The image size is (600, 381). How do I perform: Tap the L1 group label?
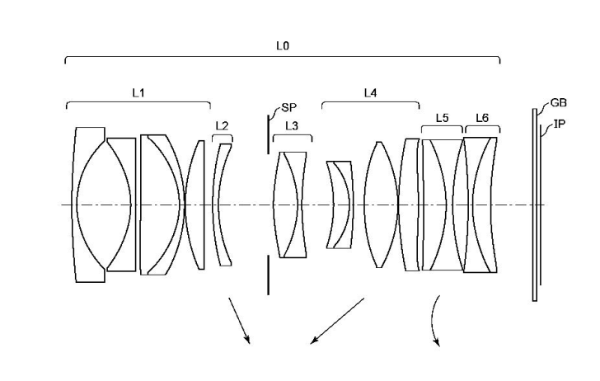coord(138,92)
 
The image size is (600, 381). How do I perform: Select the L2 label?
coord(222,126)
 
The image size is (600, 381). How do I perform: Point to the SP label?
coord(288,108)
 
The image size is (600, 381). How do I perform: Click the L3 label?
coord(292,125)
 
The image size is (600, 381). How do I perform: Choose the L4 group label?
coord(371,92)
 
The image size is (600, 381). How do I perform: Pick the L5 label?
coord(441,118)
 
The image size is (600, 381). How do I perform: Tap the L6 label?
coord(481,118)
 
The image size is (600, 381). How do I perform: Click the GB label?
coord(559,103)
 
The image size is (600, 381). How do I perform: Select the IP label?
coord(559,124)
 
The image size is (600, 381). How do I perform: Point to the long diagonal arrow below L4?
coord(337,321)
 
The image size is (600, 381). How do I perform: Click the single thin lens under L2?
coord(222,205)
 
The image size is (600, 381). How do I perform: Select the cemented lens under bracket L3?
coord(293,205)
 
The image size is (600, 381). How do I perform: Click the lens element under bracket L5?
coord(443,205)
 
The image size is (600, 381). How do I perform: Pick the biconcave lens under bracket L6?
coord(481,205)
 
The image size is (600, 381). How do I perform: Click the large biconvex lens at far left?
coord(104,205)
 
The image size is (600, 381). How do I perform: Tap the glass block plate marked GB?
coord(534,205)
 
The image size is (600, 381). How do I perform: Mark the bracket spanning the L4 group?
coord(370,103)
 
